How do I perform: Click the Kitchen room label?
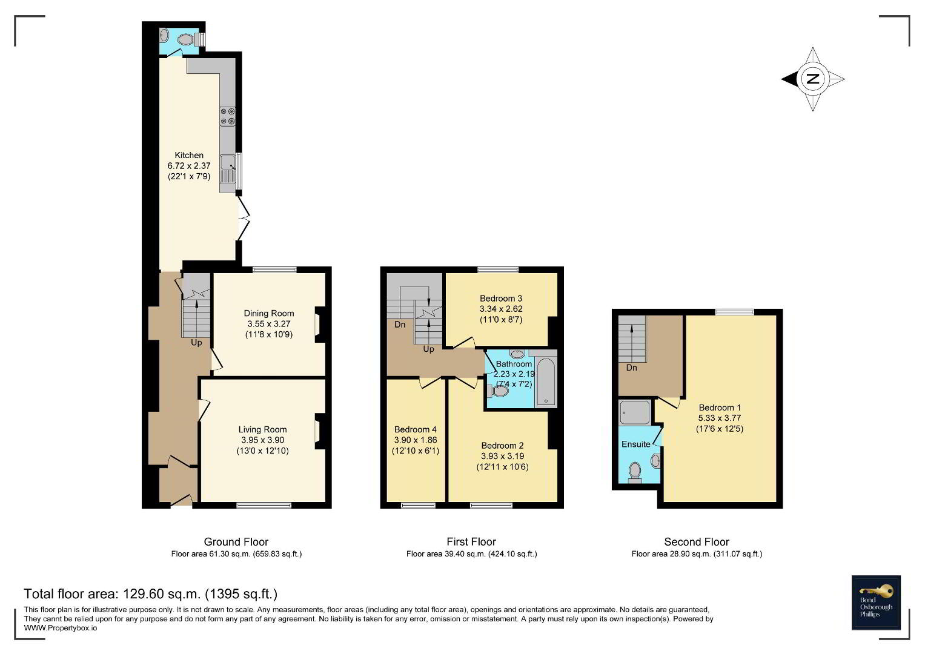189,155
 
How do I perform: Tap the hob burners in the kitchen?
228,116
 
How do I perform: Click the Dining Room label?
269,314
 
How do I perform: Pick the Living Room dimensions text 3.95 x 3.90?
263,440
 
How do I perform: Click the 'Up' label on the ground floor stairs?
196,343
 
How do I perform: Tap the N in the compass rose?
813,79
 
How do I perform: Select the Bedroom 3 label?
501,298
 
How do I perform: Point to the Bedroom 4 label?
416,429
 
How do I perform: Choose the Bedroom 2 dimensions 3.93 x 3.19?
503,456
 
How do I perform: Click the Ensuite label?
636,444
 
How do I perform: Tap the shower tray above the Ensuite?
635,412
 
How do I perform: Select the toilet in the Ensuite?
635,472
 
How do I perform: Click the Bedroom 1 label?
720,408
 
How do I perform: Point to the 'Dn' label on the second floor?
631,368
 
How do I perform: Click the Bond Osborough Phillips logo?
876,603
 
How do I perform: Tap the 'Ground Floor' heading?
236,542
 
